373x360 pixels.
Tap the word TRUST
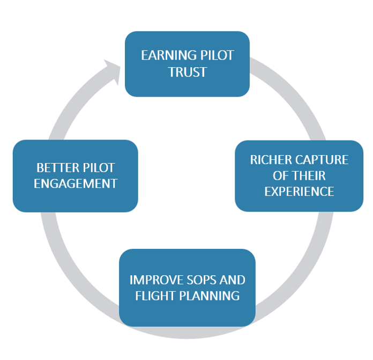(x=187, y=72)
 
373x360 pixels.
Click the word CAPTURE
(x=320, y=160)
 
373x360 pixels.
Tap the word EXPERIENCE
(x=299, y=192)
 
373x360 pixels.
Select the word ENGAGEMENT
(x=76, y=183)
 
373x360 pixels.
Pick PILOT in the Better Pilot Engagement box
(x=98, y=167)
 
